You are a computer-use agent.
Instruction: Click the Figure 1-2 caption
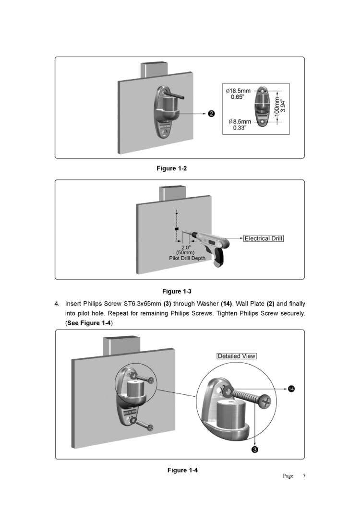(171, 168)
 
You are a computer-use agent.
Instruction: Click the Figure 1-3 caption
(177, 292)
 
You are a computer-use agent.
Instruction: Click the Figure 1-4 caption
(182, 470)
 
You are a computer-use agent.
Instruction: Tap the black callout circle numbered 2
(211, 114)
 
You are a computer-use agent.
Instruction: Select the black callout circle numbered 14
(291, 389)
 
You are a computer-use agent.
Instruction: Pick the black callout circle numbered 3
(255, 449)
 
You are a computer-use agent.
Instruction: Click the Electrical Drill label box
(264, 238)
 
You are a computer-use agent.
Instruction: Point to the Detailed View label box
(237, 356)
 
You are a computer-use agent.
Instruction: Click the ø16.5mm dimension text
(238, 91)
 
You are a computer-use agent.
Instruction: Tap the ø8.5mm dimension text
(240, 122)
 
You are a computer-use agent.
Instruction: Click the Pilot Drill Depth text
(187, 259)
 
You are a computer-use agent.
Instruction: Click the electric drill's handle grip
(217, 259)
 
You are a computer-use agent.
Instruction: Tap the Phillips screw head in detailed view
(265, 403)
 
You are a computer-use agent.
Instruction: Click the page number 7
(304, 476)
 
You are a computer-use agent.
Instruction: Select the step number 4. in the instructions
(57, 304)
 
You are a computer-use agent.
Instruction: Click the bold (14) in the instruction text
(226, 304)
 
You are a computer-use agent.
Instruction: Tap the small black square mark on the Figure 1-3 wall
(177, 229)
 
